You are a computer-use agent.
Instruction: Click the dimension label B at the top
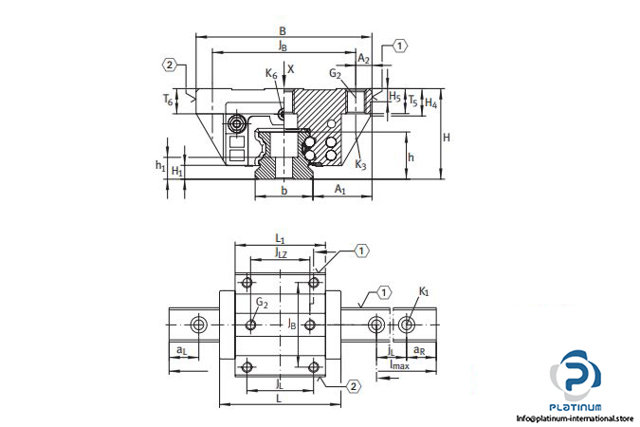[282, 30]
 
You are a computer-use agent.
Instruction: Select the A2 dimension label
[363, 58]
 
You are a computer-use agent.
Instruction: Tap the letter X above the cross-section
[291, 68]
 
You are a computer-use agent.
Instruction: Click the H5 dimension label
[394, 97]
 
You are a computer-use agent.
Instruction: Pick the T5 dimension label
[412, 99]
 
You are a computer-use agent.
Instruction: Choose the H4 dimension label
[430, 102]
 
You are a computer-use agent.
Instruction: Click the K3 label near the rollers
[361, 164]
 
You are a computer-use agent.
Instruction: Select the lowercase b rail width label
[284, 191]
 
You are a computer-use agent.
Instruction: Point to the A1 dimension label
[340, 191]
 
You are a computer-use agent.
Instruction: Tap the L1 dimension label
[280, 237]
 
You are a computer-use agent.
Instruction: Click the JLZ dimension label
[281, 252]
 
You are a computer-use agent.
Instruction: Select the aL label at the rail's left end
[181, 350]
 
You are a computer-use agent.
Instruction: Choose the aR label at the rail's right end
[418, 350]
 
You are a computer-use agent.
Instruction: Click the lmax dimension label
[399, 364]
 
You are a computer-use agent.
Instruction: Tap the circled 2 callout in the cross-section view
[170, 65]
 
